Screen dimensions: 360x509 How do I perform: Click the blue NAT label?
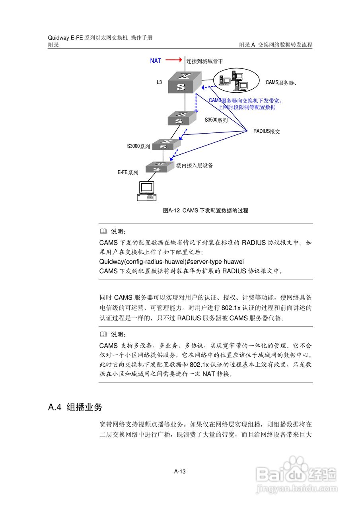(x=156, y=61)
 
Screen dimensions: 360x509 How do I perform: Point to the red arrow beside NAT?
(x=173, y=60)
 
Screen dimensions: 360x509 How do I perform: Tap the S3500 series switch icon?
(x=181, y=118)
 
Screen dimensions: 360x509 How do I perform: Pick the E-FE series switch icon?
(x=160, y=167)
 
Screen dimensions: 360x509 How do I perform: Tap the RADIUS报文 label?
(x=267, y=131)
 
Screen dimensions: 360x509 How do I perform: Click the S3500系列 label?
(x=216, y=120)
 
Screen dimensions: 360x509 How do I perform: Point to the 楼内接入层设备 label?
(x=195, y=165)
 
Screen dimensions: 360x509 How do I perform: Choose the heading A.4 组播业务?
(x=75, y=407)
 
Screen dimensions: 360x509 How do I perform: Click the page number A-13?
(x=180, y=472)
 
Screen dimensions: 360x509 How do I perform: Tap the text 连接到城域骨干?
(x=205, y=61)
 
